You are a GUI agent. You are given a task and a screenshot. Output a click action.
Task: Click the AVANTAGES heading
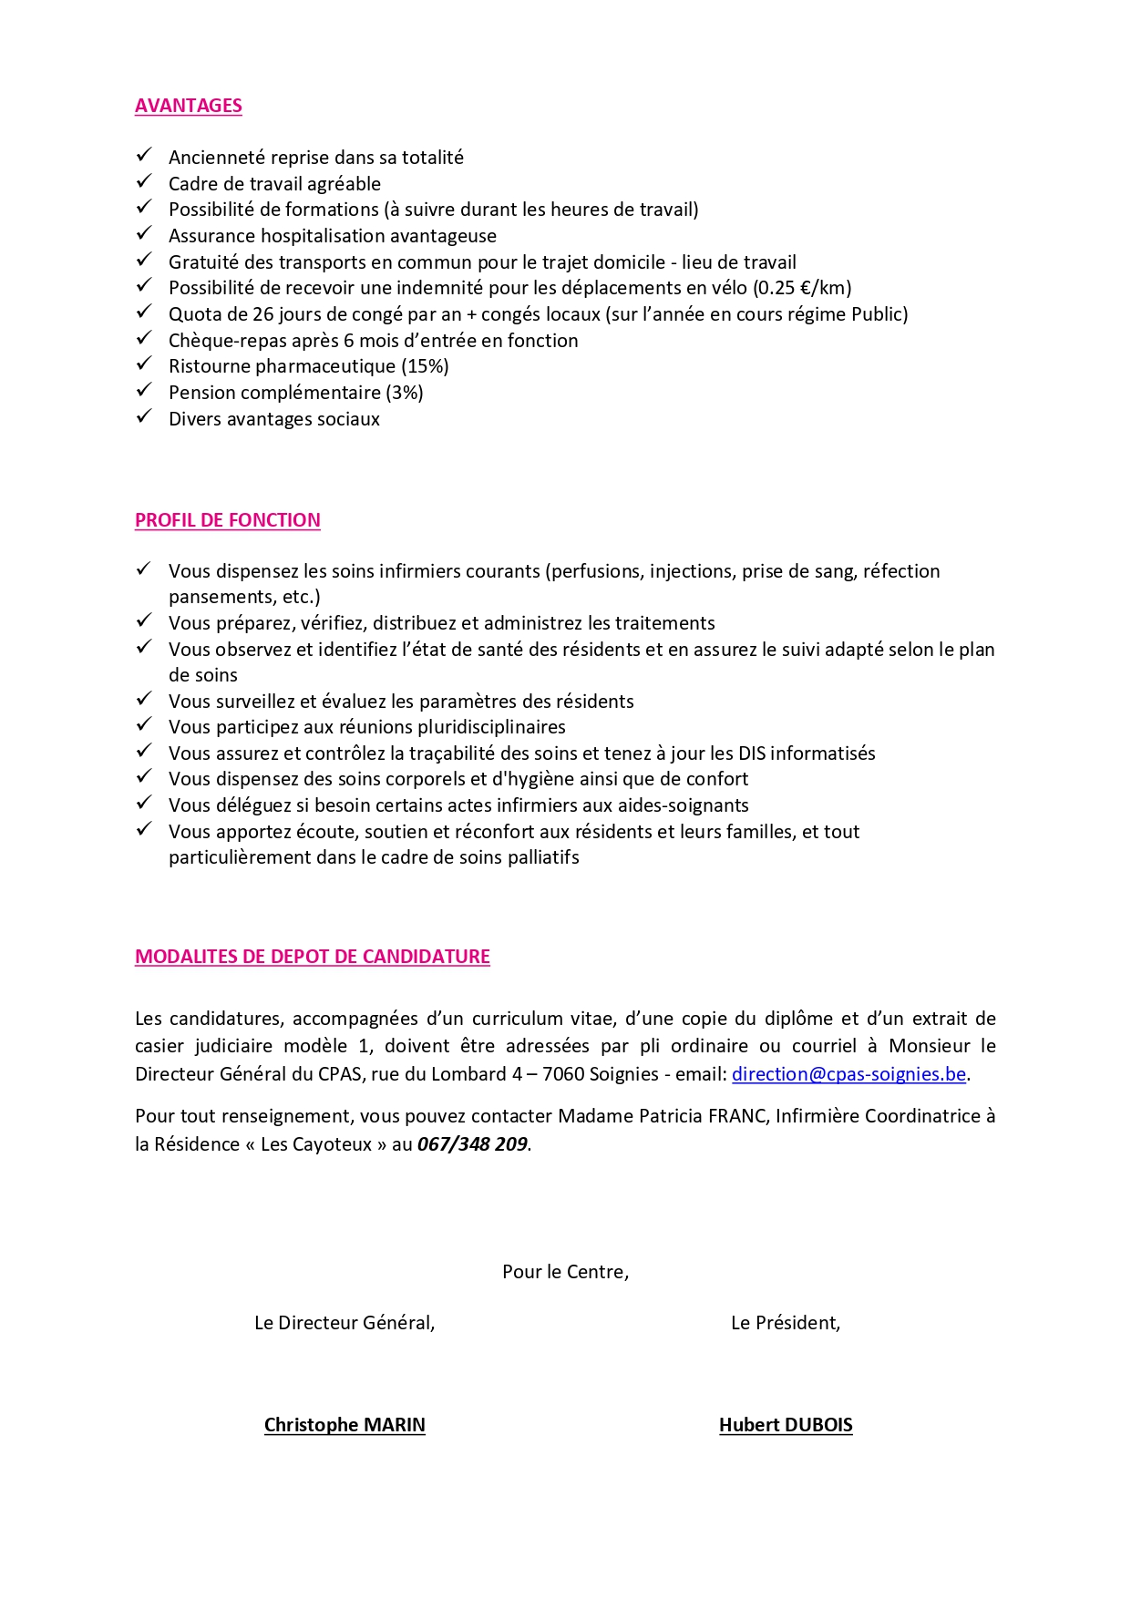189,106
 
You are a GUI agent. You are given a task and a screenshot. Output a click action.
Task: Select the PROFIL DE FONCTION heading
228,520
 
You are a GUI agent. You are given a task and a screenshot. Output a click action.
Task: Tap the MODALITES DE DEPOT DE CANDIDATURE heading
313,957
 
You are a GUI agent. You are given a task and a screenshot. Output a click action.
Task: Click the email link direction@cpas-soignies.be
848,1074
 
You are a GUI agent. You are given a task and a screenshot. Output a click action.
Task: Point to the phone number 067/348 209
473,1144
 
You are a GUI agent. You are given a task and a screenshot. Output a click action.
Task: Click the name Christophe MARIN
344,1425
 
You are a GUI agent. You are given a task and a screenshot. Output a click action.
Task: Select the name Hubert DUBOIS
786,1425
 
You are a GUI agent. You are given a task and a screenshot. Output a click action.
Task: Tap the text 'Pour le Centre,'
565,1272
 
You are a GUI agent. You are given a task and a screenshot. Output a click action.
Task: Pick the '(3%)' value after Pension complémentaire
405,393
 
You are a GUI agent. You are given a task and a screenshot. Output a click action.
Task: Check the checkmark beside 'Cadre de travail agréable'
144,182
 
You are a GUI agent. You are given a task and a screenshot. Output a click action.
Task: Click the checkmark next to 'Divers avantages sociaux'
144,417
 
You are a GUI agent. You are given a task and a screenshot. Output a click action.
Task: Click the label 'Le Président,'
786,1323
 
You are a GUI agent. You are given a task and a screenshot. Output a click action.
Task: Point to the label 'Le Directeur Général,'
344,1323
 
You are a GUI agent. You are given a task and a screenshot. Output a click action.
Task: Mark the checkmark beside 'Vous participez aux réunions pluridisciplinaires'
144,725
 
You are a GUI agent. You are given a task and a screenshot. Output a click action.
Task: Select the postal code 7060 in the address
563,1074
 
